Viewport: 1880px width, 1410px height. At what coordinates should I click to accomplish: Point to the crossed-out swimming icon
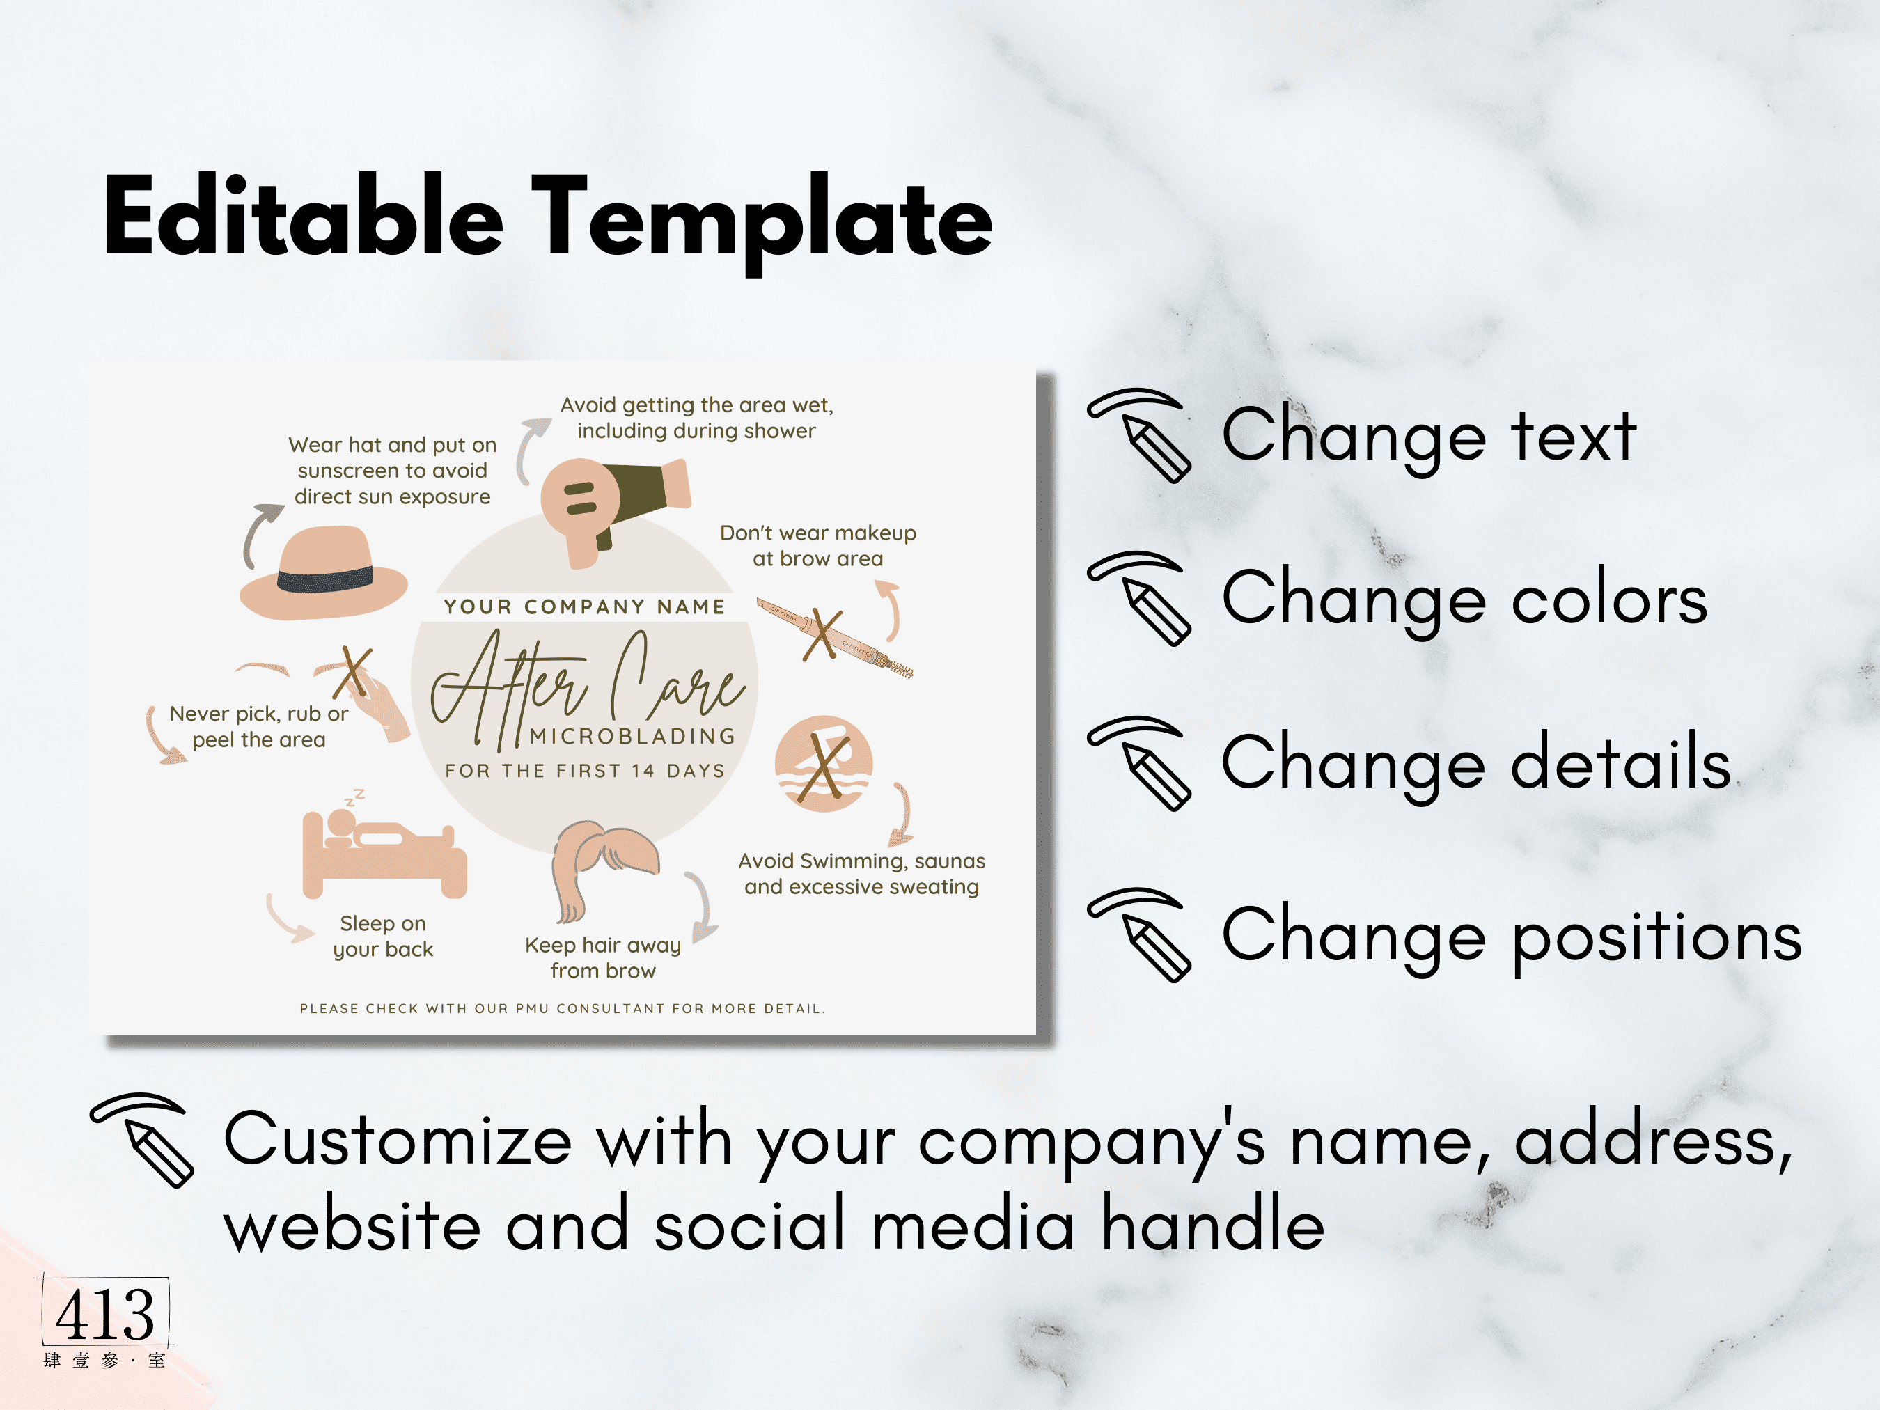(x=824, y=764)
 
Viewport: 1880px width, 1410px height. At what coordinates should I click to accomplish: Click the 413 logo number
(x=105, y=1314)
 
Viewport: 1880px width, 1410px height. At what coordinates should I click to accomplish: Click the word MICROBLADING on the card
(x=632, y=736)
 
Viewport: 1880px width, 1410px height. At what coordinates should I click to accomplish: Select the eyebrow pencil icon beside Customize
(x=143, y=1140)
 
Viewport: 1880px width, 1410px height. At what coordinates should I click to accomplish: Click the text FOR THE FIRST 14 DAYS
(x=585, y=771)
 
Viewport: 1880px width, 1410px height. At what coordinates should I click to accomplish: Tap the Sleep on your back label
(x=383, y=937)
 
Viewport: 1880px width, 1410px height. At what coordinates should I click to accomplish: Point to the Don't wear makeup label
(x=817, y=546)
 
